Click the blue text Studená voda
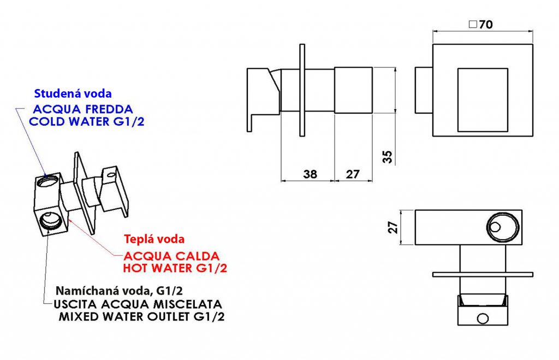coord(73,93)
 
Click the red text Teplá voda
coord(154,239)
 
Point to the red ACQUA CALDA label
coord(171,256)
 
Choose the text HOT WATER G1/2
coord(175,268)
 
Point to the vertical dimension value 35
coord(387,157)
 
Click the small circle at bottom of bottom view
coord(483,318)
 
